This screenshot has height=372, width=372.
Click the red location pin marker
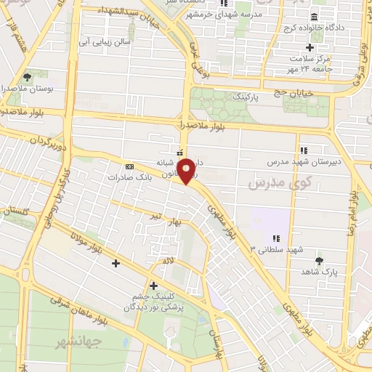pyautogui.click(x=187, y=171)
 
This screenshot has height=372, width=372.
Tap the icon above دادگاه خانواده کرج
pyautogui.click(x=314, y=17)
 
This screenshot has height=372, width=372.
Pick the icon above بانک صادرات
pyautogui.click(x=129, y=166)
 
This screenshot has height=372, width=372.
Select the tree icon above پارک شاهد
pyautogui.click(x=318, y=258)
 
